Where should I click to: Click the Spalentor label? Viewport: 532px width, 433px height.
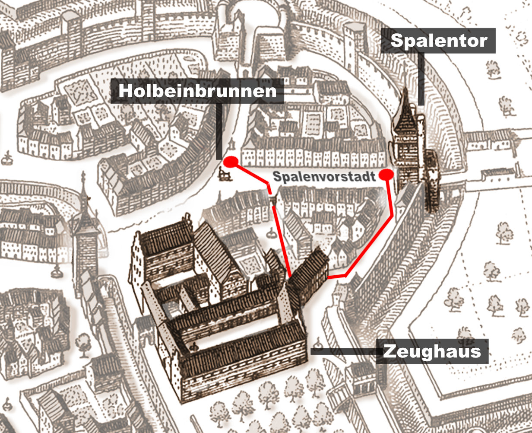click(x=438, y=41)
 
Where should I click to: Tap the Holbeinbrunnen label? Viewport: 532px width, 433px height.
click(x=197, y=91)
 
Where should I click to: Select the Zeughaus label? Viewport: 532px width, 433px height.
click(x=432, y=351)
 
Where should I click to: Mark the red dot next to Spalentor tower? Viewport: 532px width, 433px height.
click(x=386, y=174)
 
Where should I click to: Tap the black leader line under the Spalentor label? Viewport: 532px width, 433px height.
click(x=421, y=78)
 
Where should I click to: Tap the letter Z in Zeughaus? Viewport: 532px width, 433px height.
click(x=389, y=351)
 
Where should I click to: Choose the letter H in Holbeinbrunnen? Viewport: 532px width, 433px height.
click(x=125, y=91)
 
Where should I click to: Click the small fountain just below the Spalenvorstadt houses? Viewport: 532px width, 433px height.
click(x=271, y=233)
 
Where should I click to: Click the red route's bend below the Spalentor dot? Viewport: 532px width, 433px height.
click(x=392, y=215)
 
